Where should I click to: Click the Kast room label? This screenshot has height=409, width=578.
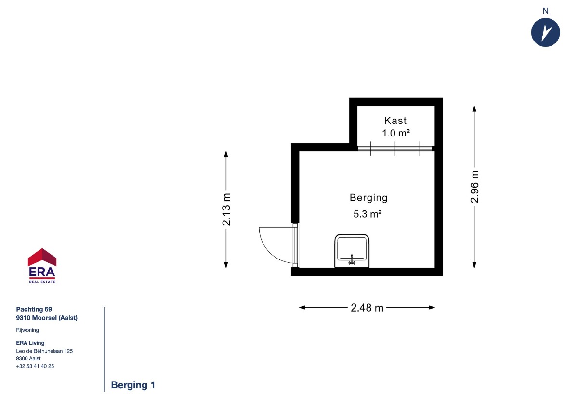(395, 121)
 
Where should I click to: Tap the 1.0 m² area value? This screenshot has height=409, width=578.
(396, 133)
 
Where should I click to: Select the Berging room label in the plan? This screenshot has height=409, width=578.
(368, 198)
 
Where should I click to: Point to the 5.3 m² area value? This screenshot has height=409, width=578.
(368, 214)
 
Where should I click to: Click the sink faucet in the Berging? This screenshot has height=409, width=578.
(352, 259)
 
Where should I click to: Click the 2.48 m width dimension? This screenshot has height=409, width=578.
(367, 308)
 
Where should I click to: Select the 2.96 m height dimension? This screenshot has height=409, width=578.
(474, 187)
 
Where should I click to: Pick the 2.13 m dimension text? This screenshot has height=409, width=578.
(226, 209)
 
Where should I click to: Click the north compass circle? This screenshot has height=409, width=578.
(545, 32)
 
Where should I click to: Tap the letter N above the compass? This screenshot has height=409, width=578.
(545, 11)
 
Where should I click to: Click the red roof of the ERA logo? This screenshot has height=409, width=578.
(42, 257)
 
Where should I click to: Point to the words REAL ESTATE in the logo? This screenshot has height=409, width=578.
(42, 282)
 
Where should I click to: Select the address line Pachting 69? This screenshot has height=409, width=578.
(34, 309)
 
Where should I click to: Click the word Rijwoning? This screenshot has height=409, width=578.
(27, 330)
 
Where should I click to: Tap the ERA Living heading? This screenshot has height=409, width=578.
(30, 343)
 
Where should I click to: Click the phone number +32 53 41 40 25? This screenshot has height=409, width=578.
(35, 366)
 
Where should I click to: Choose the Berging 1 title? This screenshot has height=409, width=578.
(133, 385)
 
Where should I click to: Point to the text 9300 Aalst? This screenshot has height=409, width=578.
(28, 358)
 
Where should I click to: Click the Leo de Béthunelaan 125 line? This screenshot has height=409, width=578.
(44, 351)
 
